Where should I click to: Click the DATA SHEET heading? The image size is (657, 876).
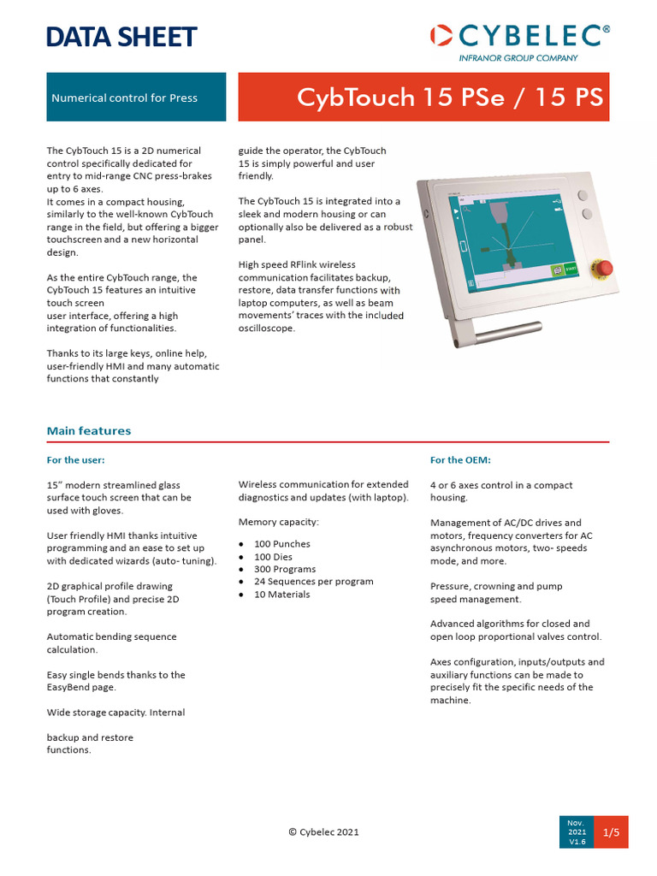pyautogui.click(x=121, y=37)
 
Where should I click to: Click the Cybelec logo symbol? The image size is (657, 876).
pyautogui.click(x=441, y=35)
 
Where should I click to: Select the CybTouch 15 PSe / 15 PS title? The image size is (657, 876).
pyautogui.click(x=450, y=98)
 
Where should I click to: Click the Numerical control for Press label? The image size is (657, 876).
pyautogui.click(x=124, y=98)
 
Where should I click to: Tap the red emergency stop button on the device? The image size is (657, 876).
pyautogui.click(x=603, y=269)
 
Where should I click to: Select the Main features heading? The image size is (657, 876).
pyautogui.click(x=89, y=430)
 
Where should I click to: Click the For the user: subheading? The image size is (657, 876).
pyautogui.click(x=75, y=460)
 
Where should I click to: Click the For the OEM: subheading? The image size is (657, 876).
pyautogui.click(x=460, y=460)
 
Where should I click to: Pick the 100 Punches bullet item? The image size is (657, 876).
pyautogui.click(x=281, y=544)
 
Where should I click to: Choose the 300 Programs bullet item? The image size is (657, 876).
pyautogui.click(x=284, y=569)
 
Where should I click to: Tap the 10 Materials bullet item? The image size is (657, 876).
pyautogui.click(x=281, y=595)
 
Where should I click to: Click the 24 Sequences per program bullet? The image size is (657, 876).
pyautogui.click(x=313, y=582)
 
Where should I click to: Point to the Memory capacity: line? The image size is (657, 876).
pyautogui.click(x=278, y=522)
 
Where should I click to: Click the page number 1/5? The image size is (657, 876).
pyautogui.click(x=611, y=832)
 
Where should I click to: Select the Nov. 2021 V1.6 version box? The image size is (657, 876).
pyautogui.click(x=576, y=832)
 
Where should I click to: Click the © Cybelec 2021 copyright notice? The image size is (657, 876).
pyautogui.click(x=323, y=832)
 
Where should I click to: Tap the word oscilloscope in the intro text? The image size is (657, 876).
pyautogui.click(x=266, y=328)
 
